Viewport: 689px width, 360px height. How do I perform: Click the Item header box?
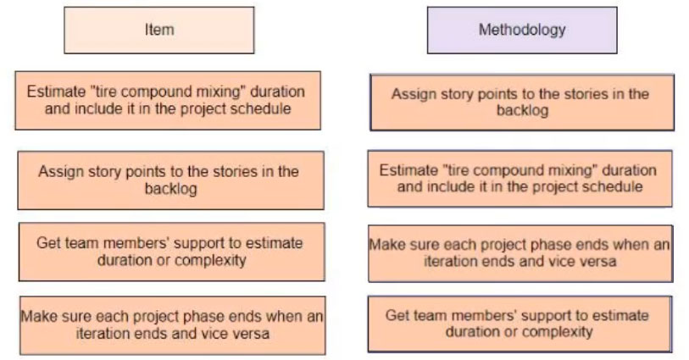pos(159,30)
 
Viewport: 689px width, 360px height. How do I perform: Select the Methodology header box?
pos(522,30)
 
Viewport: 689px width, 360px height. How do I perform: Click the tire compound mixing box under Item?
pos(168,101)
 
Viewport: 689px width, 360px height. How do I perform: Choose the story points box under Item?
pos(171,180)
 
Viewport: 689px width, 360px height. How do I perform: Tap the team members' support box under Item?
pos(172,252)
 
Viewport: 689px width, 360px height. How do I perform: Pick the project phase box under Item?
pos(173,325)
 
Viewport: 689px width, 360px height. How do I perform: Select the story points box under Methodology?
pos(522,102)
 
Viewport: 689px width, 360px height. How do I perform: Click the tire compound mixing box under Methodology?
pos(520,179)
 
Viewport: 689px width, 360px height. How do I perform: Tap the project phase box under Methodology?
pos(520,253)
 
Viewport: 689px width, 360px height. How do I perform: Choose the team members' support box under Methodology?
pos(520,324)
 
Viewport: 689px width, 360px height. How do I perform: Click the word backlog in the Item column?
pos(171,189)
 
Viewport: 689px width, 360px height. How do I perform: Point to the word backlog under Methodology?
pos(522,111)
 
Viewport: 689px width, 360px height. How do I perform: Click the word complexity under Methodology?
pos(557,332)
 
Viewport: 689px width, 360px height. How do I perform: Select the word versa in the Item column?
pos(252,334)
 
